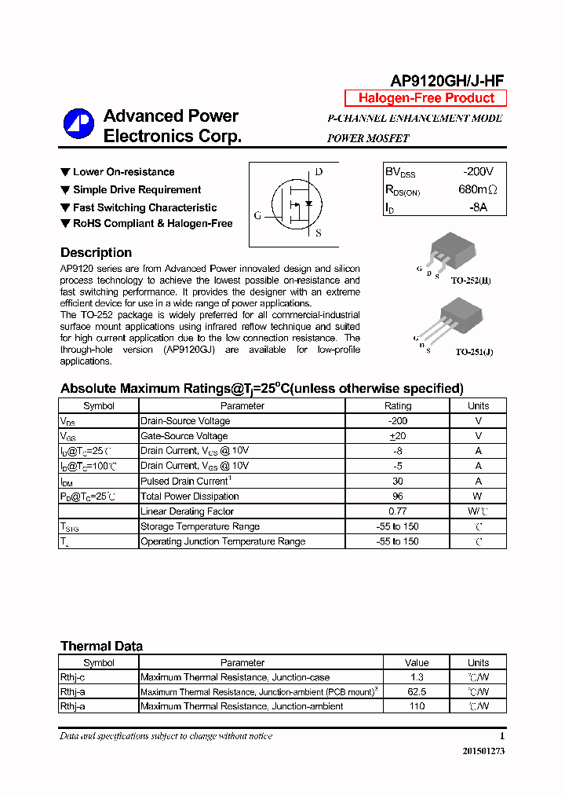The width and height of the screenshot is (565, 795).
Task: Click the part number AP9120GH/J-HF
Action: click(x=447, y=80)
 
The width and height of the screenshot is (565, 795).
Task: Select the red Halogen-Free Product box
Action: click(x=426, y=98)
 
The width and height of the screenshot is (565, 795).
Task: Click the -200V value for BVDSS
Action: click(x=478, y=172)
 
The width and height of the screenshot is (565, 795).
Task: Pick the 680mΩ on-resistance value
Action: click(x=478, y=189)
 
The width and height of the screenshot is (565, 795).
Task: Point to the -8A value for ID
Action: click(x=478, y=207)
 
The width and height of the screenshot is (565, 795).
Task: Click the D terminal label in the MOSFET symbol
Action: click(x=319, y=172)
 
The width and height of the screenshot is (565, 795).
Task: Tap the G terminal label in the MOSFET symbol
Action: click(x=257, y=215)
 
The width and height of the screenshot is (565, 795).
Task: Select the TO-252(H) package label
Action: click(x=471, y=280)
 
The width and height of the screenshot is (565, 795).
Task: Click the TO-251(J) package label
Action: click(x=474, y=353)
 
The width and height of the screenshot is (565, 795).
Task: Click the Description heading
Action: click(x=96, y=253)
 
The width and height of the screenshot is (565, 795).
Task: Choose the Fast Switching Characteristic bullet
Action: click(x=144, y=207)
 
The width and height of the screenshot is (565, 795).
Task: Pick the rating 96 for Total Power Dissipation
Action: click(x=397, y=496)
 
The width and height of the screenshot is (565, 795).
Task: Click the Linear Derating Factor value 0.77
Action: click(x=397, y=511)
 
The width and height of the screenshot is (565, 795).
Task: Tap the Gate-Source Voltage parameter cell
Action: click(x=184, y=436)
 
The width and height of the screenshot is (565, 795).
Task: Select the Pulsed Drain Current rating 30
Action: click(x=397, y=481)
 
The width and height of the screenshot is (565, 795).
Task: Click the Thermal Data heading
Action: click(x=101, y=647)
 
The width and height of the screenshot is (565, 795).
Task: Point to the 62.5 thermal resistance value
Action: click(x=417, y=692)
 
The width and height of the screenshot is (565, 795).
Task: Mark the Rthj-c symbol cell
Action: click(x=73, y=677)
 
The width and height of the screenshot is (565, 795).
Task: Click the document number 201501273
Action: click(x=483, y=751)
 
